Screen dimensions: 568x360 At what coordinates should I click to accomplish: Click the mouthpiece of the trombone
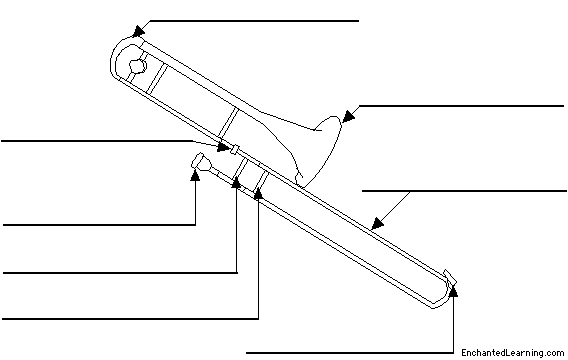(201, 162)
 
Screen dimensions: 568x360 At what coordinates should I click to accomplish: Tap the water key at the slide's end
(450, 277)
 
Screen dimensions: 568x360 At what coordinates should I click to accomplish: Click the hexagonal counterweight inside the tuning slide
(138, 66)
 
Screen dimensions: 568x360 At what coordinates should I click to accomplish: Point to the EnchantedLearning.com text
(513, 352)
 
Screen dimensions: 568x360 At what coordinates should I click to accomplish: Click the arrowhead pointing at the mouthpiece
(195, 175)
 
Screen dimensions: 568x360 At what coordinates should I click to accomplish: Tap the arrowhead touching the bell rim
(348, 116)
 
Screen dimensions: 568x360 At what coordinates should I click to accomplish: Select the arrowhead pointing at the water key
(453, 291)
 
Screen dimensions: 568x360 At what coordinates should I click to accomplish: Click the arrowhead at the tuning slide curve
(138, 32)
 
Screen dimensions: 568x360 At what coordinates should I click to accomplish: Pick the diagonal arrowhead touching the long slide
(377, 223)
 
